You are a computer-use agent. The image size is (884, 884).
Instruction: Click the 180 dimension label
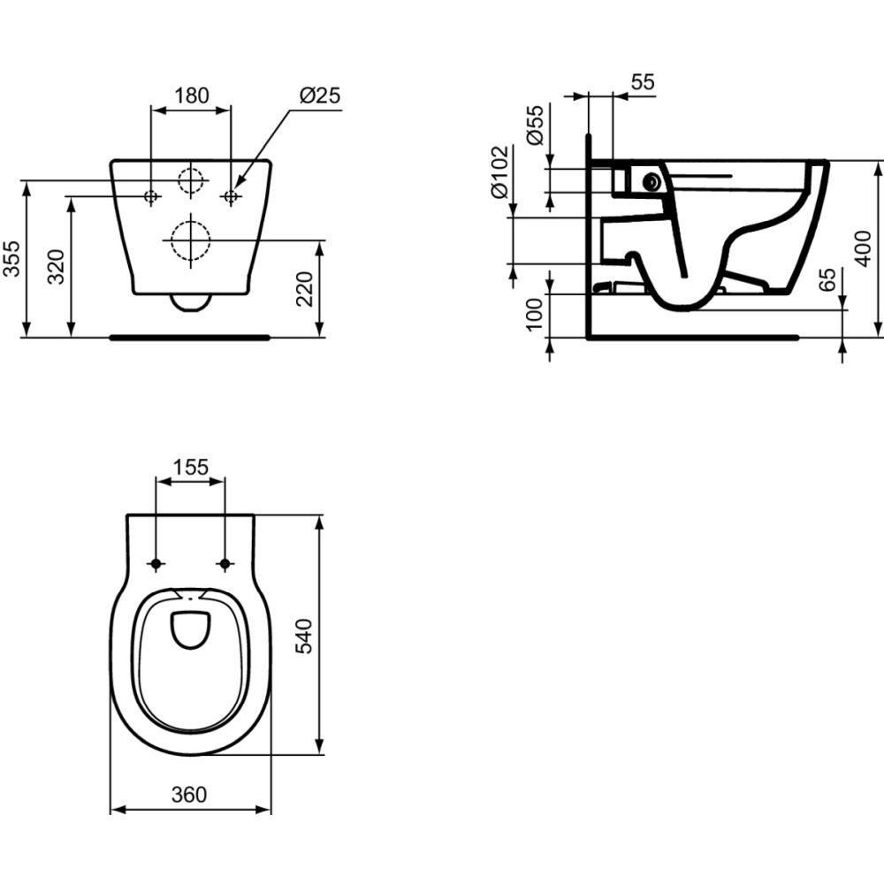(x=191, y=95)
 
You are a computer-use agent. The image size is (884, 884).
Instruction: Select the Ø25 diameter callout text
(x=320, y=95)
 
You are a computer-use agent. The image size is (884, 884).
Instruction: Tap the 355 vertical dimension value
(x=11, y=258)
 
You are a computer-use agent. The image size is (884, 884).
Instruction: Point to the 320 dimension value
(x=54, y=266)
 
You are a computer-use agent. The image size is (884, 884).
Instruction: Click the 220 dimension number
(x=305, y=288)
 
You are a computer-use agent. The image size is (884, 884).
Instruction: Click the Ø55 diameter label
(x=534, y=125)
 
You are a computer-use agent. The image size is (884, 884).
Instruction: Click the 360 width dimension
(x=189, y=794)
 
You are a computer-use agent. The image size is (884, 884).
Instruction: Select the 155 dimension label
(x=190, y=467)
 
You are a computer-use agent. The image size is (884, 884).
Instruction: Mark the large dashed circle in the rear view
(x=188, y=238)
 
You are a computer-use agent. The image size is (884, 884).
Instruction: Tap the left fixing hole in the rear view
(x=151, y=195)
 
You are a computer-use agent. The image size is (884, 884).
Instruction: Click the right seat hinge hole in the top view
(x=224, y=564)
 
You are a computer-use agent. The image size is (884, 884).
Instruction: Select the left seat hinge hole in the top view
(x=156, y=564)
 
